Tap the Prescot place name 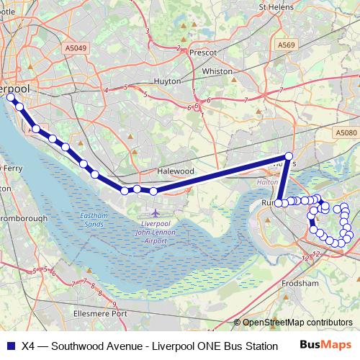(x=202, y=53)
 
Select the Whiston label (x=217, y=71)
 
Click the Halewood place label (x=176, y=171)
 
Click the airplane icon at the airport (x=157, y=214)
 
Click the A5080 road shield (x=346, y=133)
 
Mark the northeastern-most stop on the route (x=289, y=156)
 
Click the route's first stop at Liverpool (x=10, y=97)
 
